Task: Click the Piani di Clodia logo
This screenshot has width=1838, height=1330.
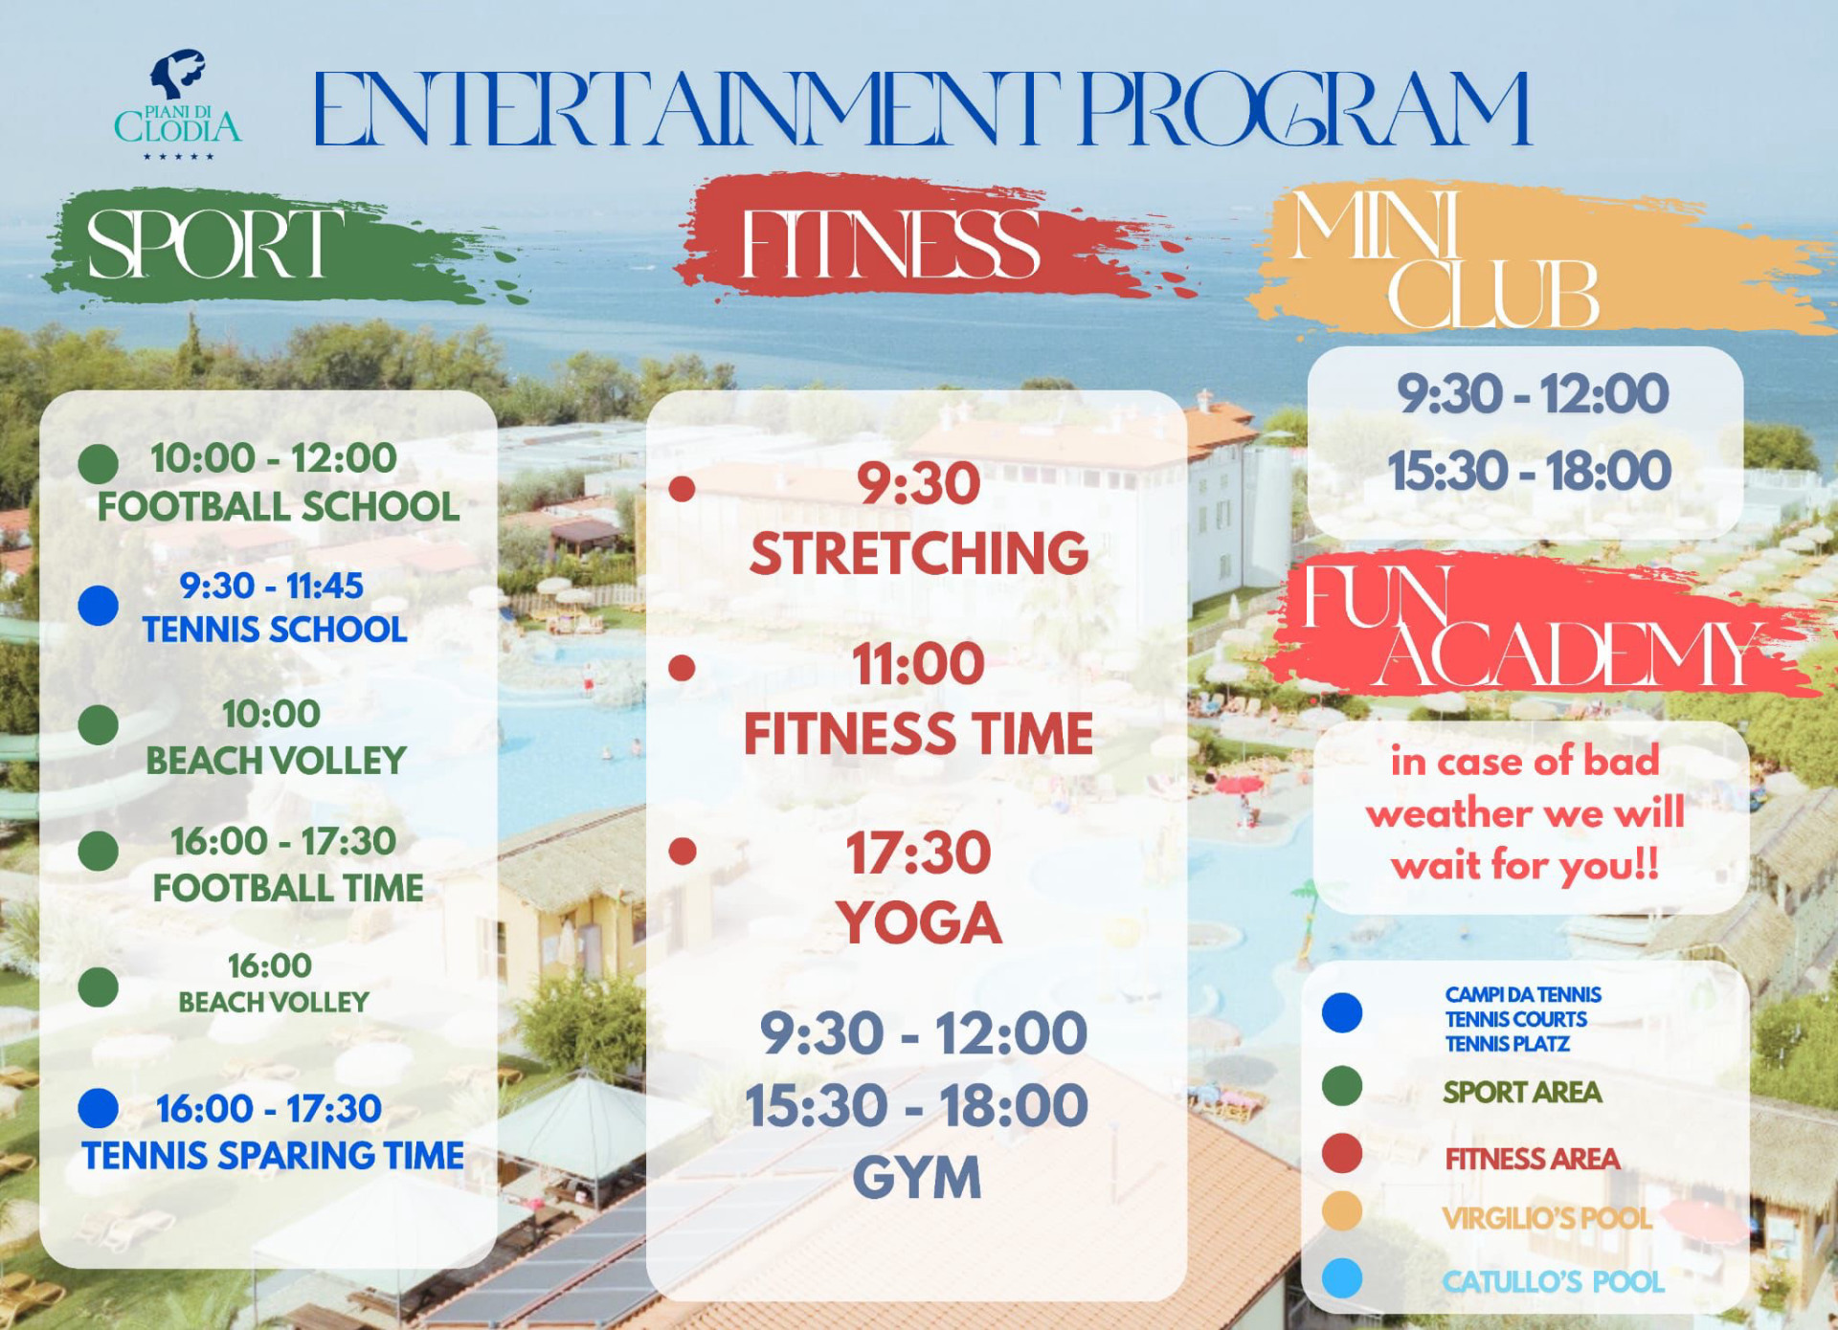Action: point(178,104)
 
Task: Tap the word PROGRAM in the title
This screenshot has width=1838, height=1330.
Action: point(1304,109)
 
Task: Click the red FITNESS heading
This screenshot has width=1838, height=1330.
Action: point(890,244)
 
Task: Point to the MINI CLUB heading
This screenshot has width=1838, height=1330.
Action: point(1446,260)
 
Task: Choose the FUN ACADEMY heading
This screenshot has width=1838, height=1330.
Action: point(1532,627)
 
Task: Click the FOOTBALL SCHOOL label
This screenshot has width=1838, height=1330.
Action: point(279,507)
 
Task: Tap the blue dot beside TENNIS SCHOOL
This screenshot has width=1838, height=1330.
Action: point(98,606)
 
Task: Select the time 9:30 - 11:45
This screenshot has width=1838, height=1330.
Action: point(272,586)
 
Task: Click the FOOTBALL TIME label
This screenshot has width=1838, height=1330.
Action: point(288,888)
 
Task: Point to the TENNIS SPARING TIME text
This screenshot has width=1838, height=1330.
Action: point(273,1156)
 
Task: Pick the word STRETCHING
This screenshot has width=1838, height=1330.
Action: point(919,553)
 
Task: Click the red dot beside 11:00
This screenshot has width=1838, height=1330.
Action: point(682,667)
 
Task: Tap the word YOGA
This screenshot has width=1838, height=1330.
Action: point(919,922)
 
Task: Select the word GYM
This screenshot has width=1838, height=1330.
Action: point(917,1178)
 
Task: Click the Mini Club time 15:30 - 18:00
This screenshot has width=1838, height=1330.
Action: point(1530,471)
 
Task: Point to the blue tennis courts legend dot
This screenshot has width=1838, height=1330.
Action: point(1342,1012)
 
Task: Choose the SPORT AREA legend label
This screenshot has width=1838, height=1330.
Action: point(1522,1092)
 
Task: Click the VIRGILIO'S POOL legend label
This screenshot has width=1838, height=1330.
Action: point(1547,1218)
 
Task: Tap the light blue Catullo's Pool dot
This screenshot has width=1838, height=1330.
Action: point(1342,1278)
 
